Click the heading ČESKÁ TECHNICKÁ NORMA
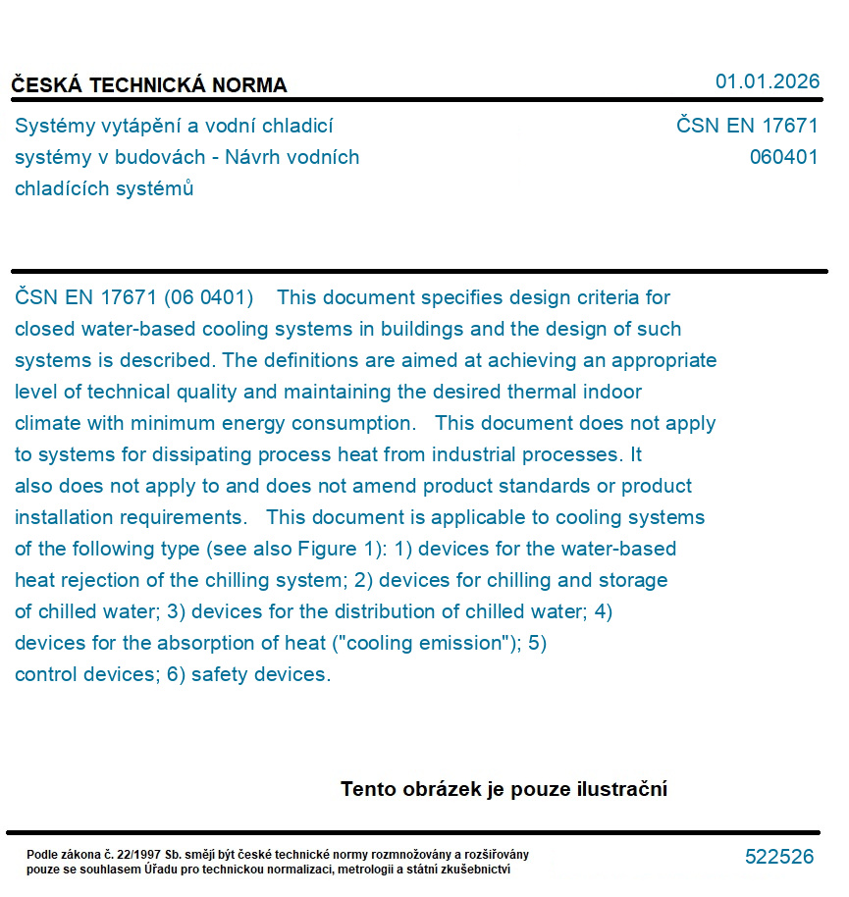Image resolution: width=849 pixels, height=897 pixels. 149,85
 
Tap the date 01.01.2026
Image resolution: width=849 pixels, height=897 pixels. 767,81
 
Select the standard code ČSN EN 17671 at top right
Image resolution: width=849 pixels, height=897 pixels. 747,126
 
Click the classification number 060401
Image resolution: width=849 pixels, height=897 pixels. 783,157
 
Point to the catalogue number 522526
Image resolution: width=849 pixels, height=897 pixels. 779,857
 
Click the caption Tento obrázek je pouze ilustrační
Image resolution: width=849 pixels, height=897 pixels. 504,789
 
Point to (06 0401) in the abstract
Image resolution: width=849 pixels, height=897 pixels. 208,297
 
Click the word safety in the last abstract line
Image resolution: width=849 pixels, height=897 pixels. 220,674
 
